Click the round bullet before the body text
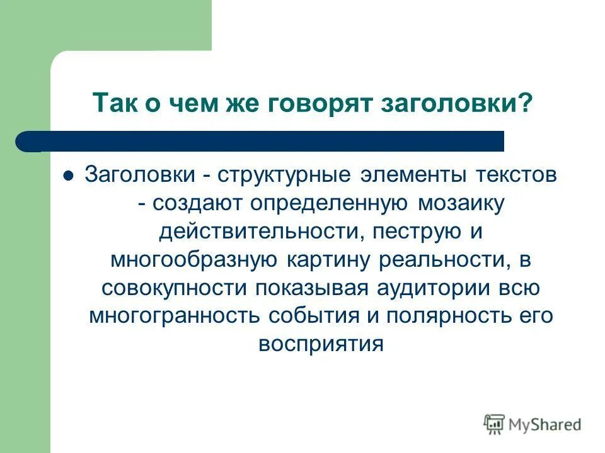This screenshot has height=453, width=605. [70, 176]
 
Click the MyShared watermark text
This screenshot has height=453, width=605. [544, 425]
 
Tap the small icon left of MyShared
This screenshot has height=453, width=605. [495, 425]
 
